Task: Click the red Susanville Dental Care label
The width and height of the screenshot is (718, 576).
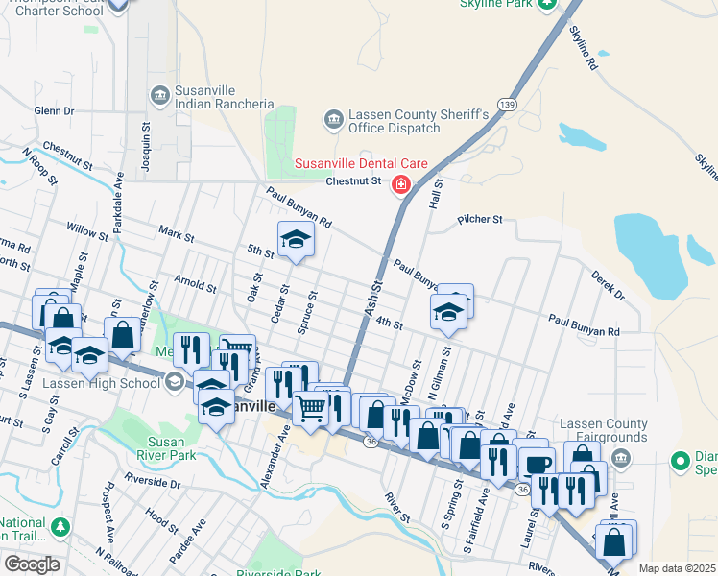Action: (360, 164)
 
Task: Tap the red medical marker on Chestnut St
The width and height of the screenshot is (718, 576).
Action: (399, 186)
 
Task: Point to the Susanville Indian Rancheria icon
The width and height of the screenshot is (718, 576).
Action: (159, 94)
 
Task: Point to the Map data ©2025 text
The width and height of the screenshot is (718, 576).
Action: (676, 568)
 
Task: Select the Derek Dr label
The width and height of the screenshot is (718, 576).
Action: (609, 285)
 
